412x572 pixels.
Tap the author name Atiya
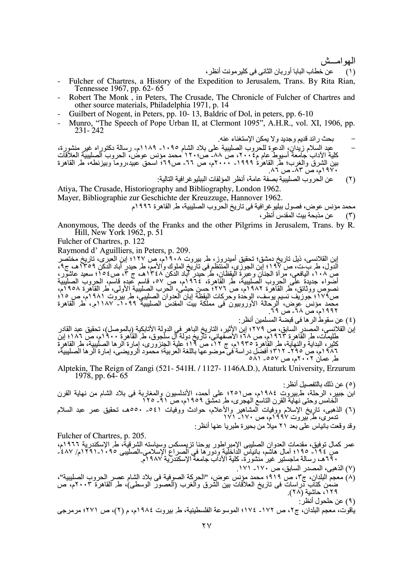pyautogui.click(x=66, y=189)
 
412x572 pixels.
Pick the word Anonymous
pyautogui.click(x=75, y=225)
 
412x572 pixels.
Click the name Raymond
pyautogui.click(x=71, y=250)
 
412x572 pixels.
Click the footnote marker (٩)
pyautogui.click(x=350, y=502)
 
